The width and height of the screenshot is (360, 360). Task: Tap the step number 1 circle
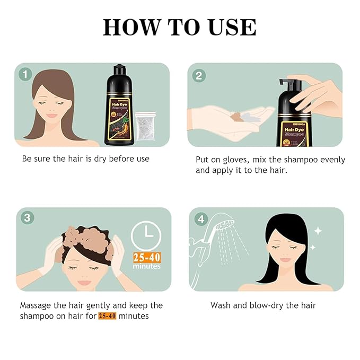(25, 74)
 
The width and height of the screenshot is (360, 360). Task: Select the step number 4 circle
(199, 218)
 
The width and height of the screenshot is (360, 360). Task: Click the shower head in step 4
(222, 229)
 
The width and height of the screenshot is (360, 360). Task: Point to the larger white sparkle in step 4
(318, 231)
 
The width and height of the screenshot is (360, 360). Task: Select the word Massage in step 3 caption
(38, 305)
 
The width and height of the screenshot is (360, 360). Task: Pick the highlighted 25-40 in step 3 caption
(107, 316)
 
